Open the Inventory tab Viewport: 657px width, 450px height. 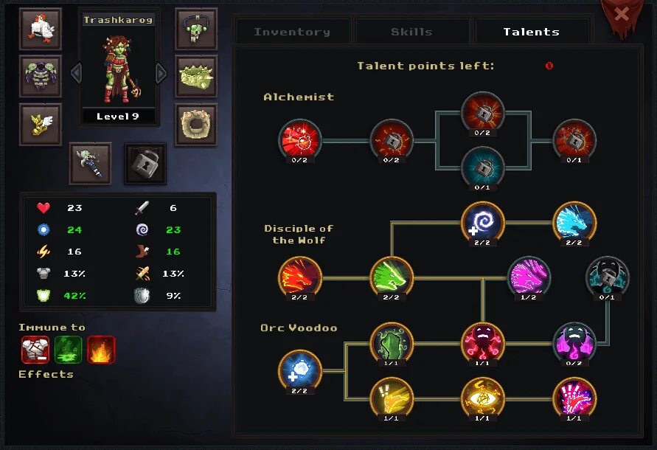point(292,32)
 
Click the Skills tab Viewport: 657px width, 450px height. point(411,32)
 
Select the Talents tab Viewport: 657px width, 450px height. point(531,32)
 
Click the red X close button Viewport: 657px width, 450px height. point(622,13)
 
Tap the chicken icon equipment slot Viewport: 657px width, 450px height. point(41,29)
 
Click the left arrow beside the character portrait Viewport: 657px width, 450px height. point(74,73)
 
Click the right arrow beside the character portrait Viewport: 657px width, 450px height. point(161,73)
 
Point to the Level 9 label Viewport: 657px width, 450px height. point(118,117)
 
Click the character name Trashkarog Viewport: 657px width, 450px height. point(118,20)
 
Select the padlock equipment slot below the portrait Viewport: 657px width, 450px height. point(145,163)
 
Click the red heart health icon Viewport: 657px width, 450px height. point(44,208)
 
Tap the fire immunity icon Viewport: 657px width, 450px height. point(102,350)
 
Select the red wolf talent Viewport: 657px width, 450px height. point(300,277)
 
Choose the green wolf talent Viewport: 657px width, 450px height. point(392,277)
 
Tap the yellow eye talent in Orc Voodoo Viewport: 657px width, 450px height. point(483,398)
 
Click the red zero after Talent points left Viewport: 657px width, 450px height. point(549,66)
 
